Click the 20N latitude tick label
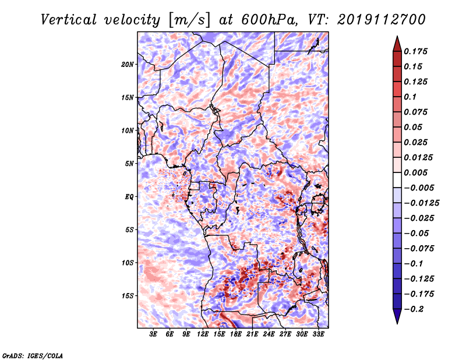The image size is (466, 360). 128,64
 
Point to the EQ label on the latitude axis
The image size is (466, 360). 129,197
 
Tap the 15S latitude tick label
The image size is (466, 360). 128,296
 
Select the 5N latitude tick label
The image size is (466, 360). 129,164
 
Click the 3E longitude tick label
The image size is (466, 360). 153,334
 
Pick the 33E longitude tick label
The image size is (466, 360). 318,334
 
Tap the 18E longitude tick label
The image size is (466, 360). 236,334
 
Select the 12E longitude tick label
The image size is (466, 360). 203,334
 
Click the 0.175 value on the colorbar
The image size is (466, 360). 415,51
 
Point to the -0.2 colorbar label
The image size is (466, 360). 414,309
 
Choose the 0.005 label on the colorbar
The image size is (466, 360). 415,172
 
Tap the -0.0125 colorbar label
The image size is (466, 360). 421,203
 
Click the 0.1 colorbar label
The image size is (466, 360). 410,97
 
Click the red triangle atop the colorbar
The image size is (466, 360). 397,44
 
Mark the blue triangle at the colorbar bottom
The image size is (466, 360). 397,316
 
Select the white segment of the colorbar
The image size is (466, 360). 397,180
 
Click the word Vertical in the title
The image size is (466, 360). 69,20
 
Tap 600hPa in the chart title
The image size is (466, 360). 269,20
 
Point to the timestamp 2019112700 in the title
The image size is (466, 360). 382,20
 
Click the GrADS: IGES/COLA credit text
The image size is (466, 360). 33,355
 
